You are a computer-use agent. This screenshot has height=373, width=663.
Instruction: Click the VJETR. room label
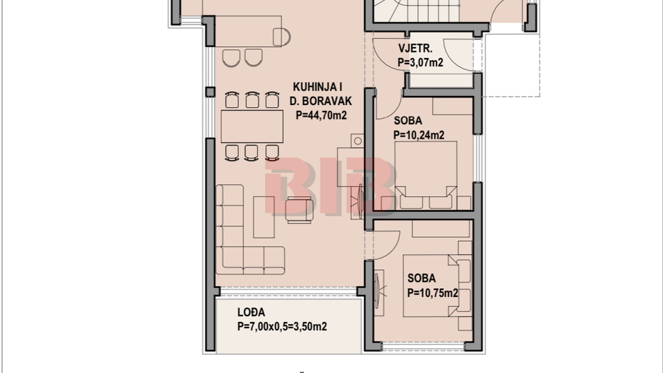coord(415,48)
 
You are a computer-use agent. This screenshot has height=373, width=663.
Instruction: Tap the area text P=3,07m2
coord(421,62)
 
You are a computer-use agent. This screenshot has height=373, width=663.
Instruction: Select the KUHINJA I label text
coord(318,87)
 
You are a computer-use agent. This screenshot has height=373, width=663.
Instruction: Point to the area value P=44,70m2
coord(321,115)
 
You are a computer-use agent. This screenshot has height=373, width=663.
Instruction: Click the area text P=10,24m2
coord(419,135)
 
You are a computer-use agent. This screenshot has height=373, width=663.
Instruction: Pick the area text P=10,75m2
coord(432,293)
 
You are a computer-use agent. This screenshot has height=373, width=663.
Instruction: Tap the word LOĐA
coord(251,312)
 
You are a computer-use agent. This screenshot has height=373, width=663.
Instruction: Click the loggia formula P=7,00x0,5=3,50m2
coord(282,327)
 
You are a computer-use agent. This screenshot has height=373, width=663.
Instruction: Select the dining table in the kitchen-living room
coord(252,126)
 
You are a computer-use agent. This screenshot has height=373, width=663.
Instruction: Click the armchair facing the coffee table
coord(299,210)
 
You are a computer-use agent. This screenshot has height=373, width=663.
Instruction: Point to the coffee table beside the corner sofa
coord(264,217)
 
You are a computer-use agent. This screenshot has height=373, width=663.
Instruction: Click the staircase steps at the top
coord(416,10)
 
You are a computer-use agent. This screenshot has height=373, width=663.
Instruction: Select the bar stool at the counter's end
coord(282,37)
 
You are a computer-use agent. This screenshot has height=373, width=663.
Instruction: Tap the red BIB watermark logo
coord(331,185)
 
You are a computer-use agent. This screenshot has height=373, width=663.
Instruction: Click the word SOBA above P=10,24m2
coord(408,120)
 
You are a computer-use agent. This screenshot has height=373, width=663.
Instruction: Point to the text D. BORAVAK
coord(320,101)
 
